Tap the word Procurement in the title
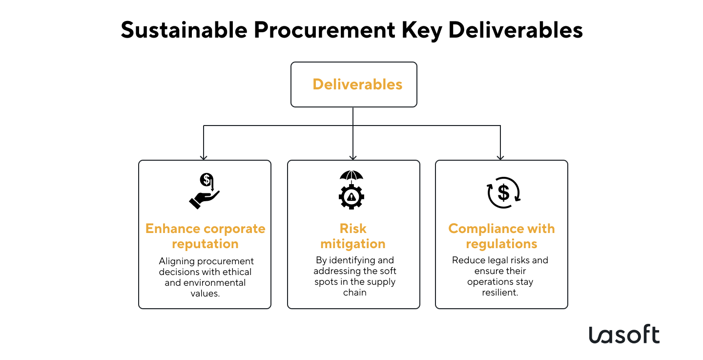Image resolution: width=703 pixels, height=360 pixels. [323, 30]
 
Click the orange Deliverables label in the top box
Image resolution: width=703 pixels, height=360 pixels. [357, 85]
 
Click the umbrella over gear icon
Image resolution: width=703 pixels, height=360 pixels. [351, 190]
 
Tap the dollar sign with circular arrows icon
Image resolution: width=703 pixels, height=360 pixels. [503, 192]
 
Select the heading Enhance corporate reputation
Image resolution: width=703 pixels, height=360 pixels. [205, 236]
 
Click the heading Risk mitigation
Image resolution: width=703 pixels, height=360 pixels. [353, 236]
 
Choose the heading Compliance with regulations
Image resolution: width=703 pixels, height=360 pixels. [501, 236]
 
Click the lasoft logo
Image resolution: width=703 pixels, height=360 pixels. [624, 335]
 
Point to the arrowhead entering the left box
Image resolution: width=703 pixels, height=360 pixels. [204, 157]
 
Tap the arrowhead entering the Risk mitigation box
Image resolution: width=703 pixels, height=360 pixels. [353, 157]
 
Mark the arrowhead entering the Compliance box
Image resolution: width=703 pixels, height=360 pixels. [500, 157]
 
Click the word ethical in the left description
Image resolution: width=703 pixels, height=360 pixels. [238, 272]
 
